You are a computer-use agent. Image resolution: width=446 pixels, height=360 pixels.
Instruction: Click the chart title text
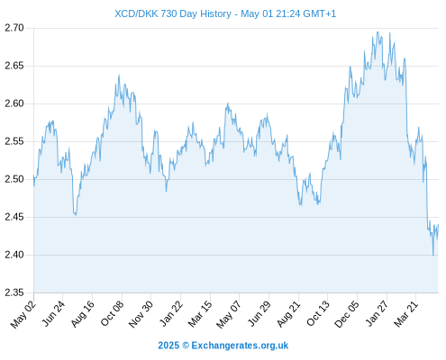click(x=225, y=13)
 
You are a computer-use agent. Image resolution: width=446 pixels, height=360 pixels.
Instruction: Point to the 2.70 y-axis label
click(x=14, y=28)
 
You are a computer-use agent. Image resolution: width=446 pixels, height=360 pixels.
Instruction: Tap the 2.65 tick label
click(x=14, y=66)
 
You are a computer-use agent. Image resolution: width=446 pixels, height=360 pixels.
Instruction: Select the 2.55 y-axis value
click(x=14, y=141)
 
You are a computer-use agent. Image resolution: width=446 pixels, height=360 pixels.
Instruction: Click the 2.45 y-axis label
click(x=14, y=217)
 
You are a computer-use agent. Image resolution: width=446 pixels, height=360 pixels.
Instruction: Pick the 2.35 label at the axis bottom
click(x=14, y=292)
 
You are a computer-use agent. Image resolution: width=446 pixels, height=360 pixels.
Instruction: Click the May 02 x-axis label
click(x=23, y=314)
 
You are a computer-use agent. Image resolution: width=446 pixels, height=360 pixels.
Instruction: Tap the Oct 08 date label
click(x=112, y=314)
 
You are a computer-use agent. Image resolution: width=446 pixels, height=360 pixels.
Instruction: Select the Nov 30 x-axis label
click(x=141, y=314)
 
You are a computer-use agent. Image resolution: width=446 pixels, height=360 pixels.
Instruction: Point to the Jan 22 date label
click(x=170, y=314)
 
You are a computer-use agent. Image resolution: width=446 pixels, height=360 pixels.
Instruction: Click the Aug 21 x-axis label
click(x=288, y=314)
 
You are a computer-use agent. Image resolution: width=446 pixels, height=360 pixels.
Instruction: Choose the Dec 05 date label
click(x=347, y=314)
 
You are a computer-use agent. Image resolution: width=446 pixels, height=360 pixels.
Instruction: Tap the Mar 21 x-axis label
click(x=405, y=314)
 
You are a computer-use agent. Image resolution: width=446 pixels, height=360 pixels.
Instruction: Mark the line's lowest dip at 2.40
click(x=433, y=256)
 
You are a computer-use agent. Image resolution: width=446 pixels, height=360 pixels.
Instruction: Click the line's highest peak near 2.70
click(x=378, y=32)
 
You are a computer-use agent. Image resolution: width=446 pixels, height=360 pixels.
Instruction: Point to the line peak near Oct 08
click(x=119, y=75)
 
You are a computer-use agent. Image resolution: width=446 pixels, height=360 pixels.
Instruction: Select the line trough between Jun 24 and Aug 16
click(x=76, y=215)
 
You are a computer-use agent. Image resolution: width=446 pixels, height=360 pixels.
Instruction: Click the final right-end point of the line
click(x=439, y=224)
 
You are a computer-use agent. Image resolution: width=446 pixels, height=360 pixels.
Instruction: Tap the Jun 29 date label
click(x=259, y=314)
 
